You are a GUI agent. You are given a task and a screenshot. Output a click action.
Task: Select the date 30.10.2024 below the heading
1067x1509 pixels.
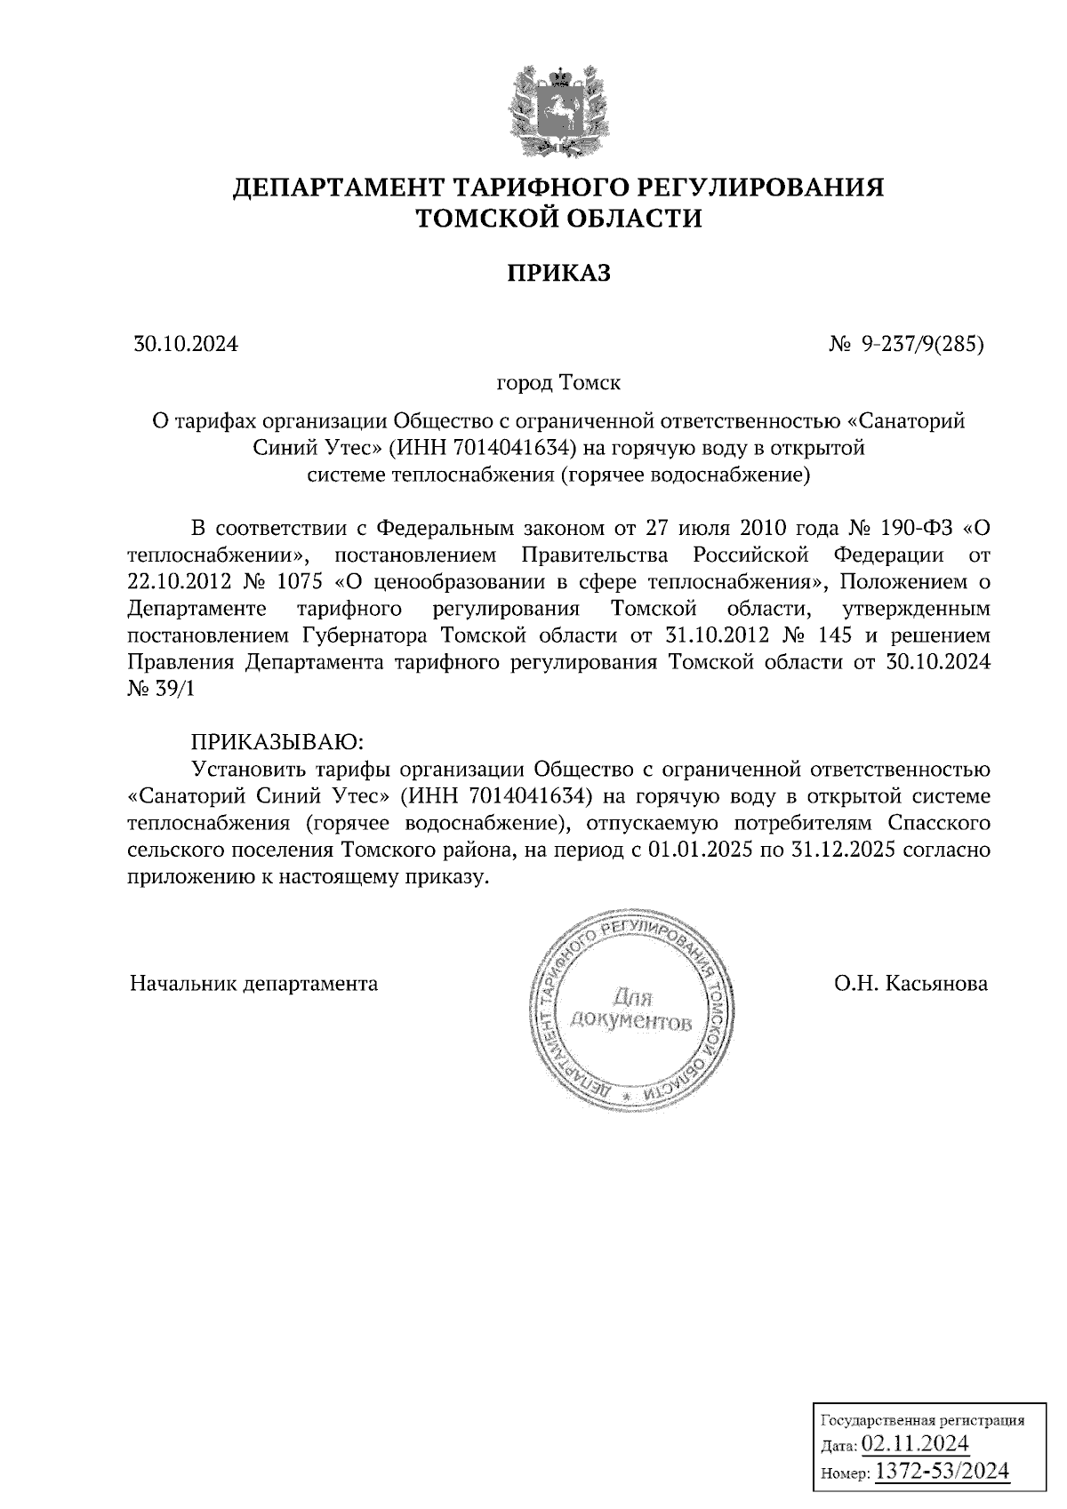186,344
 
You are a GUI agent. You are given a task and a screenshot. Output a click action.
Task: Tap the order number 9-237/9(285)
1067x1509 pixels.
921,344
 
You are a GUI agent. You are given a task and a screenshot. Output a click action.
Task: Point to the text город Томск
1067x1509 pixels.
558,384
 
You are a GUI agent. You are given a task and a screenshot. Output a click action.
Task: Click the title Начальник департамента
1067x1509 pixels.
254,984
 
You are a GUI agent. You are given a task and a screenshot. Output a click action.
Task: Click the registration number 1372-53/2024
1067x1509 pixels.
942,1471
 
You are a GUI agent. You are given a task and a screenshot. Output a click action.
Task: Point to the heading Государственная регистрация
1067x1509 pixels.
921,1420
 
